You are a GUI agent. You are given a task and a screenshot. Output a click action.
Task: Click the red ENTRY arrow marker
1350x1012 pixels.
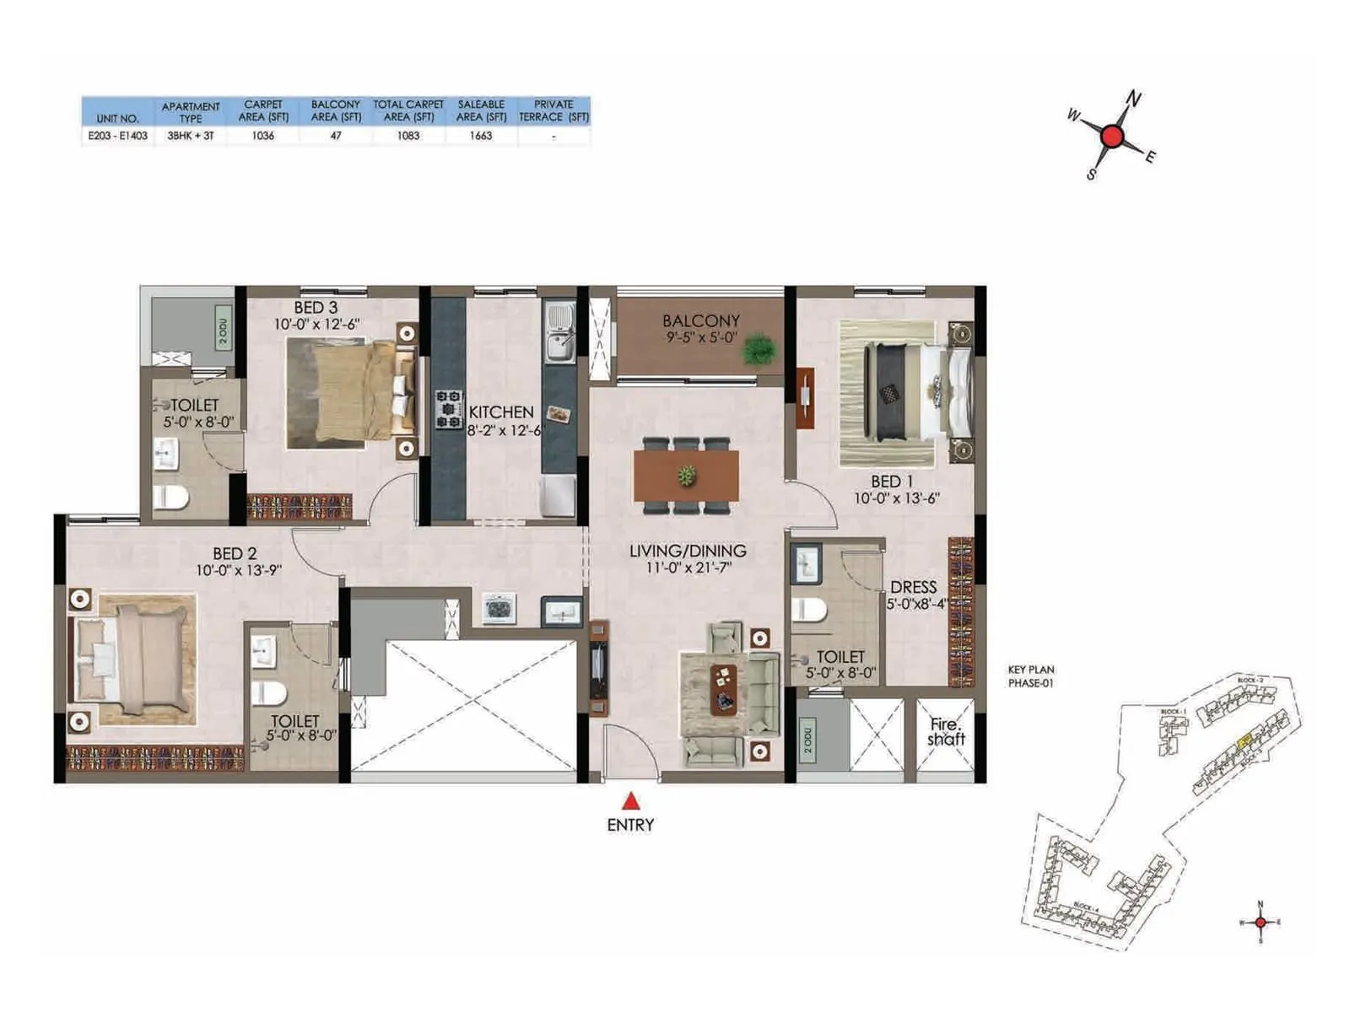coord(630,801)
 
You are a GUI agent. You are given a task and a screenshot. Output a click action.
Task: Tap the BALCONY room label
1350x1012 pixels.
coord(700,320)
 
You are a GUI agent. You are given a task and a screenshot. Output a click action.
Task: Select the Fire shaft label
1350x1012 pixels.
coord(945,731)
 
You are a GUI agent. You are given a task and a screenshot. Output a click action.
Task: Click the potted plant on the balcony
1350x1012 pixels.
coord(760,349)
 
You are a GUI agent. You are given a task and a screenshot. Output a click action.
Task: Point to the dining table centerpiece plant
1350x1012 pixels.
coord(687,476)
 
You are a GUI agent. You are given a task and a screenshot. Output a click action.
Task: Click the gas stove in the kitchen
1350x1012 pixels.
coord(449,408)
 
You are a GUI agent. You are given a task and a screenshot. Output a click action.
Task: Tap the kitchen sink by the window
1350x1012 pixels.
coord(559,332)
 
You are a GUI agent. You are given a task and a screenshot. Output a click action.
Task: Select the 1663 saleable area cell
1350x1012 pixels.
coord(481,136)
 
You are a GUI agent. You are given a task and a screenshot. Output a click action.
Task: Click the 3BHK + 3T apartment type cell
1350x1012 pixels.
coord(191,136)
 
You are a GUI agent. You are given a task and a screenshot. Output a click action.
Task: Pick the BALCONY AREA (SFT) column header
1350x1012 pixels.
coord(336,110)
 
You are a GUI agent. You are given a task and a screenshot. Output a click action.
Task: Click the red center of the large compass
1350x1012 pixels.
coord(1112,137)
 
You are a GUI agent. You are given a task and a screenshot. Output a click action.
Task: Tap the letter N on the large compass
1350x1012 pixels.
coord(1134,99)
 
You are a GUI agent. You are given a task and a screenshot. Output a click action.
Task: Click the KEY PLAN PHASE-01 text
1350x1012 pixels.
coord(1030,676)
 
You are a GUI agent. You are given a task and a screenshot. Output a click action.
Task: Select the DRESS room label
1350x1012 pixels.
coord(913,587)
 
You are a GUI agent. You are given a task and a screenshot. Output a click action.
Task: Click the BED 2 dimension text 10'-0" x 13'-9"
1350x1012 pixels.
coord(238,571)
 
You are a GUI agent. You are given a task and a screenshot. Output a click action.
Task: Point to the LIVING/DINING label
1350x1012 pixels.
coord(688,551)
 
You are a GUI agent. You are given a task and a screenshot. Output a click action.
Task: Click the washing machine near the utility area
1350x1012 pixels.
coord(499,607)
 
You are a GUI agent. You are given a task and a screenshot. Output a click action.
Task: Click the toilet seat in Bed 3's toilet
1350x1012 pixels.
coord(170,497)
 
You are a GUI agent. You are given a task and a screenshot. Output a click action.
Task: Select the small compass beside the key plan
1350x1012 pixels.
coord(1260,922)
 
